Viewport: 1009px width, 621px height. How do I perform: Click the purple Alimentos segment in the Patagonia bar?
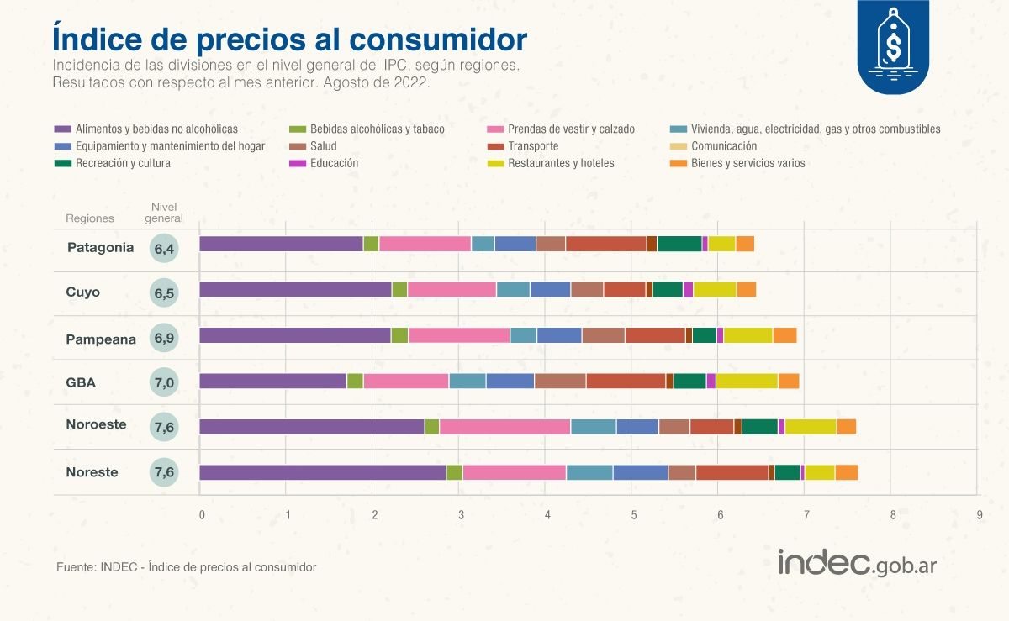point(281,244)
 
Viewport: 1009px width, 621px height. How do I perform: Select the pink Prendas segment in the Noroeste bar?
point(504,427)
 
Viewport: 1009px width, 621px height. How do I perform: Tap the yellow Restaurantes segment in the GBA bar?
point(747,381)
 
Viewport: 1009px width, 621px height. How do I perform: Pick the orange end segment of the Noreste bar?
point(847,472)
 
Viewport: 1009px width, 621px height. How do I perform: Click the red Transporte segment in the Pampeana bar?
point(655,335)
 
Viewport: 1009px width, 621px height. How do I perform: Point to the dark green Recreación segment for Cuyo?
point(668,289)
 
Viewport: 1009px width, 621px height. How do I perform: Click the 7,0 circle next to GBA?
point(164,383)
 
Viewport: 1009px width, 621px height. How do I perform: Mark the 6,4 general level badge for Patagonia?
point(164,249)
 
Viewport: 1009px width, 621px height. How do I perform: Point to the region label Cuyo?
point(82,292)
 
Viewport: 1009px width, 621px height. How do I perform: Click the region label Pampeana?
point(101,339)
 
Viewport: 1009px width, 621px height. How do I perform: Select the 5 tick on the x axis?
point(633,513)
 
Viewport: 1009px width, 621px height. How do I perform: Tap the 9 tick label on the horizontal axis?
point(980,513)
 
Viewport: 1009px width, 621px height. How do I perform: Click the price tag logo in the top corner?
point(893,46)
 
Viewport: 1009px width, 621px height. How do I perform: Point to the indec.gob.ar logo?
point(856,563)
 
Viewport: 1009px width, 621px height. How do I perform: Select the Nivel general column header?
point(164,213)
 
